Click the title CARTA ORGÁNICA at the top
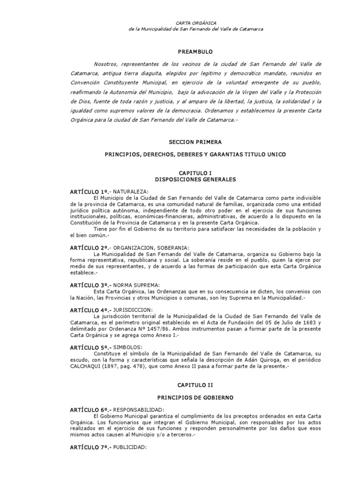coord(195,22)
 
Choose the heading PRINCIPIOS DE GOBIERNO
coord(195,397)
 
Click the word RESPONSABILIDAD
coord(140,409)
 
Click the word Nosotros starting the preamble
coord(106,64)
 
